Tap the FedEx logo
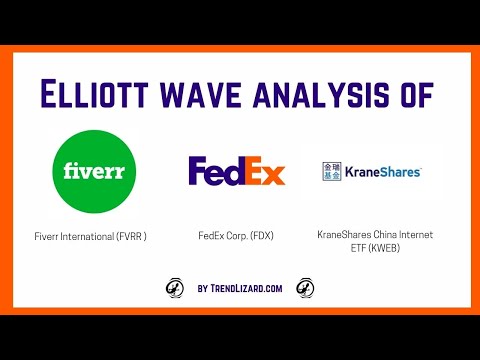(236, 171)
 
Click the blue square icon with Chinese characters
(332, 171)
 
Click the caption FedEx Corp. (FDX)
(236, 236)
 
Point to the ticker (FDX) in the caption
(261, 236)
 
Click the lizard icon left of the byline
(173, 288)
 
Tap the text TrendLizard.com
(249, 288)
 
